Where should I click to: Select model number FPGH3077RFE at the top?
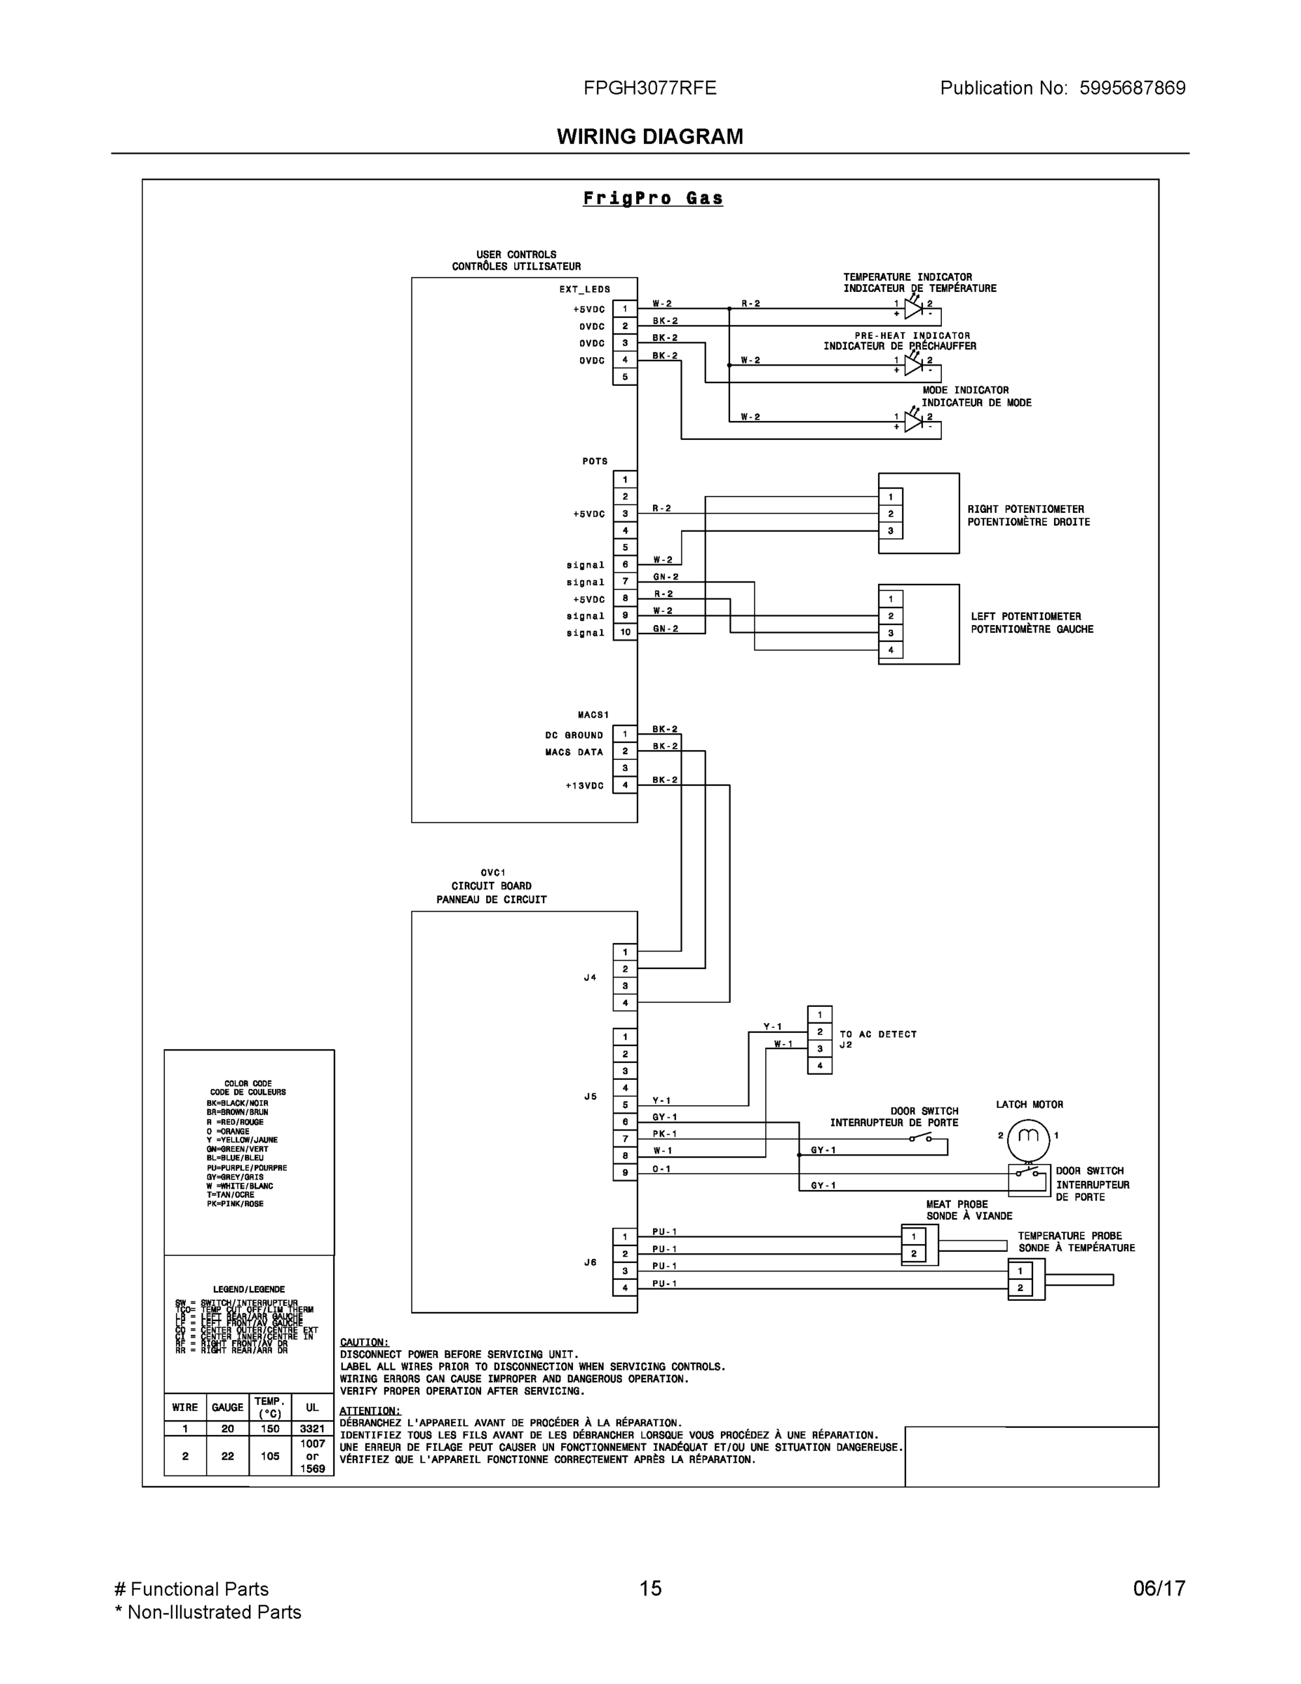[x=649, y=88]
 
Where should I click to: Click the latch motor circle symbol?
[x=1028, y=1136]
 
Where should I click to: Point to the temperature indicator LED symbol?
[x=913, y=309]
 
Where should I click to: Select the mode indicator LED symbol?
[x=913, y=422]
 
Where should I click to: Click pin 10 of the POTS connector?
[x=624, y=632]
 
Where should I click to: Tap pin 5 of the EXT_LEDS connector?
[x=624, y=377]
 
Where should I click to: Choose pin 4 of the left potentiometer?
[x=890, y=650]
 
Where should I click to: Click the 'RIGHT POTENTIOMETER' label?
[x=1025, y=509]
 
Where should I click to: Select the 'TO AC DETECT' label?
[x=878, y=1034]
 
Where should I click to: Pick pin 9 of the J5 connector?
[x=624, y=1172]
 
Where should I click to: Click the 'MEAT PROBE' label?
[x=957, y=1203]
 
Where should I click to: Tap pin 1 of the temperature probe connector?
[x=1020, y=1271]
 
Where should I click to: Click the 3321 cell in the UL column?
[x=312, y=1428]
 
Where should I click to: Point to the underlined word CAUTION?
[x=364, y=1342]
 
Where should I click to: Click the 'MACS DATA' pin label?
[x=574, y=751]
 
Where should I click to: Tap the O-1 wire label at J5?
[x=661, y=1169]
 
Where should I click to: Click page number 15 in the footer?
[x=649, y=1589]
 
